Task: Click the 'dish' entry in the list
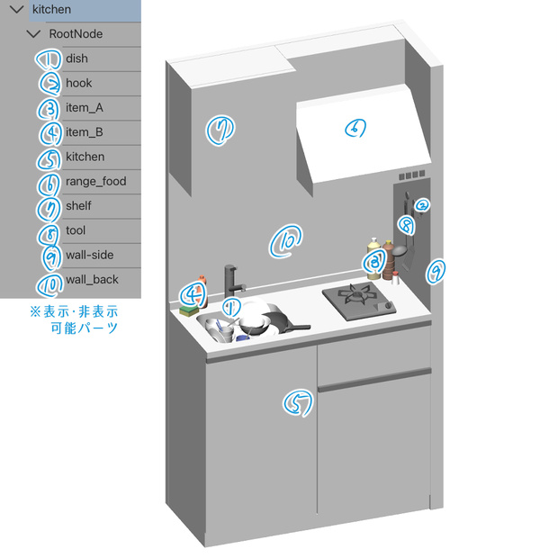click(76, 58)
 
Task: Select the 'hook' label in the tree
click(78, 83)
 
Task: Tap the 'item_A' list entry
click(85, 107)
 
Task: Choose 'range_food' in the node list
click(95, 181)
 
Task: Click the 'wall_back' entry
click(92, 279)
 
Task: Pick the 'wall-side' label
click(89, 255)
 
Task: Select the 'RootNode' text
click(76, 34)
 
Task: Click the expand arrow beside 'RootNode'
click(34, 34)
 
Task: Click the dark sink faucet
click(231, 282)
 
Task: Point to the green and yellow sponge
click(189, 310)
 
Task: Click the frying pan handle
click(298, 328)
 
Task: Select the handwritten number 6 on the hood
click(355, 128)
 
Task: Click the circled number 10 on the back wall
click(286, 240)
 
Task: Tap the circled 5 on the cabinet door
click(298, 403)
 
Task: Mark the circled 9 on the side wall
click(436, 271)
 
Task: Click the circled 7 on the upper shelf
click(220, 130)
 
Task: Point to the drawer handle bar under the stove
click(374, 380)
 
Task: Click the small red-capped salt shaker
click(395, 278)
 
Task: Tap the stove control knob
click(389, 306)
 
